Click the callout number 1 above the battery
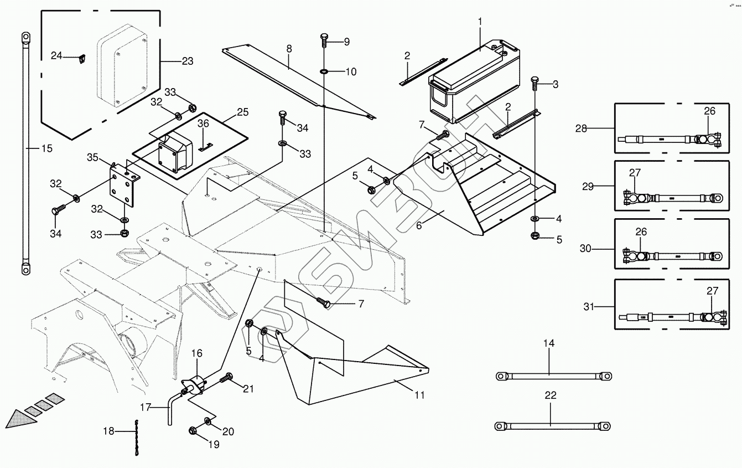point(480,22)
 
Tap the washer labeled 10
point(324,71)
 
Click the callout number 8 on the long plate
point(289,49)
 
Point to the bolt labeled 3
point(535,83)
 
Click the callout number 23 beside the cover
point(187,61)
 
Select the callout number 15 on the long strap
point(46,148)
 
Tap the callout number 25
point(242,112)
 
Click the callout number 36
point(203,123)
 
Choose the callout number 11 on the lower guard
point(419,395)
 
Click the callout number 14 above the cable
point(548,343)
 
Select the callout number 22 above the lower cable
point(550,395)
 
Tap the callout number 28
point(580,128)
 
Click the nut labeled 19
point(194,431)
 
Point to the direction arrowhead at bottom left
point(21,419)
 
